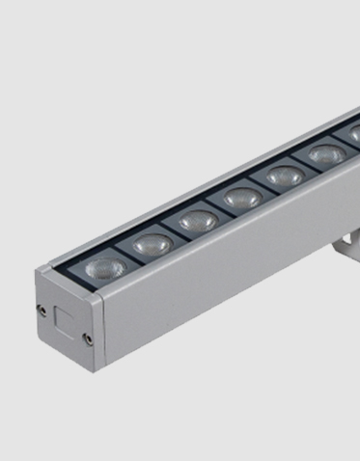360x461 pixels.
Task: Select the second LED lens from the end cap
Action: click(152, 245)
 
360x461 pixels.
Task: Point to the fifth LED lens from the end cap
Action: click(284, 176)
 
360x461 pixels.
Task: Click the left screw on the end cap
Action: click(42, 309)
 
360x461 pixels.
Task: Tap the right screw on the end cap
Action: click(88, 338)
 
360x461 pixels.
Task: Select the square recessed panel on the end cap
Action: click(66, 317)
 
